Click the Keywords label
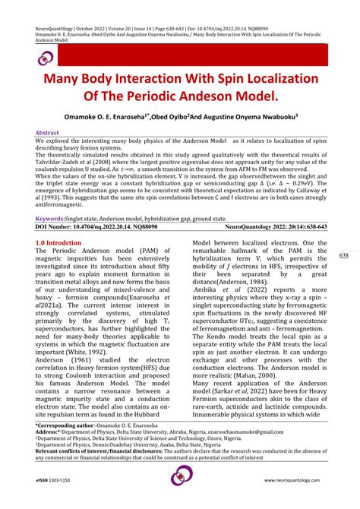coord(50,218)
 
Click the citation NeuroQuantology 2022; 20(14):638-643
coord(275,226)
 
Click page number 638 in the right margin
coord(343,255)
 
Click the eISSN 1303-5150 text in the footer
coord(59,481)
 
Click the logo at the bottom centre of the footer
coord(180,477)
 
